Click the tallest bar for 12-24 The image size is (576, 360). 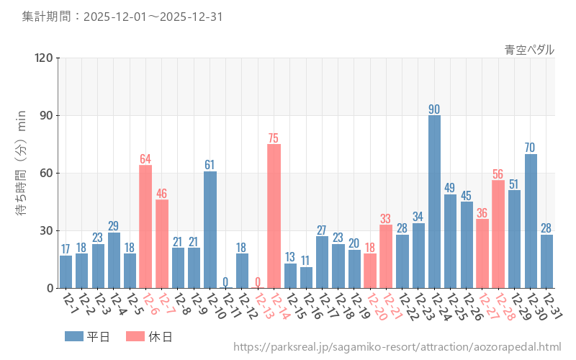tap(434, 202)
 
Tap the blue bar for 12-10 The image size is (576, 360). tap(210, 230)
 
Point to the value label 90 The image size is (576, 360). tap(434, 109)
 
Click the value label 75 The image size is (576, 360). tap(274, 138)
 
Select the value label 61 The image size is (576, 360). tap(210, 165)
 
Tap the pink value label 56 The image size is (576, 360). tap(498, 174)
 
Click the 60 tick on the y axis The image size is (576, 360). tap(45, 174)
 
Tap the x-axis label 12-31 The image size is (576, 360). tap(551, 309)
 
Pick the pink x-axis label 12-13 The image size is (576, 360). tap(261, 309)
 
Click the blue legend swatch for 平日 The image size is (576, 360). tap(74, 336)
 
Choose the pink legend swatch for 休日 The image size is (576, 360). tap(135, 336)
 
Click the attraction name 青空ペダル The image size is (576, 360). tap(529, 50)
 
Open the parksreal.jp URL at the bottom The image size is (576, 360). tap(397, 347)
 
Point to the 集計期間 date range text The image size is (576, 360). tap(122, 16)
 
